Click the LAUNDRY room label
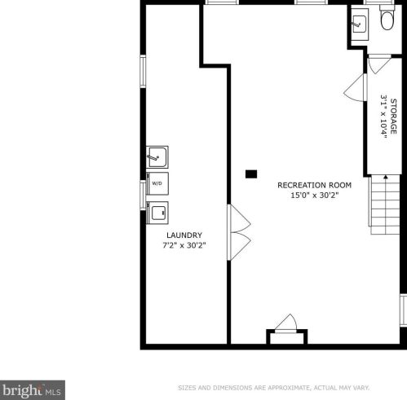(184, 235)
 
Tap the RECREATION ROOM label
(314, 185)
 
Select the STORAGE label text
(393, 116)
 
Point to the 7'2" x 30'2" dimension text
(184, 245)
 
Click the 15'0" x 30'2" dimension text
(314, 196)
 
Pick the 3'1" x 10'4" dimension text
(383, 116)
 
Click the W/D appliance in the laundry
(157, 183)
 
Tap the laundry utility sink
(157, 157)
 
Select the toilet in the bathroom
(387, 19)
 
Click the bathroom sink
(360, 24)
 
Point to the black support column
(251, 174)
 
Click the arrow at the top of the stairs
(386, 177)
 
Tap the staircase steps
(384, 204)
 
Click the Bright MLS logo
(33, 390)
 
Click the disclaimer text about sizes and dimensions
(273, 388)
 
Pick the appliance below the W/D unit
(157, 213)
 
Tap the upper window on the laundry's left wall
(143, 71)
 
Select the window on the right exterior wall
(404, 310)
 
